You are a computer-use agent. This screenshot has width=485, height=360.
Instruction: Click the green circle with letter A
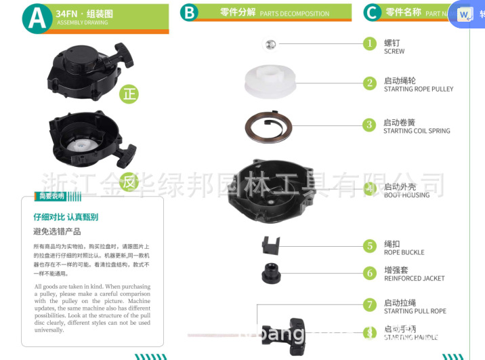tap(37, 18)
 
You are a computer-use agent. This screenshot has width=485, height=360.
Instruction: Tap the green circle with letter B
tap(189, 13)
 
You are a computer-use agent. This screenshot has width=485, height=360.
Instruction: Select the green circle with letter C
tap(372, 13)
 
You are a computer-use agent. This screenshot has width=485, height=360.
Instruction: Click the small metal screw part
tap(270, 44)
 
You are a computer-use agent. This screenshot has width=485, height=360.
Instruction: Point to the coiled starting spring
tap(268, 125)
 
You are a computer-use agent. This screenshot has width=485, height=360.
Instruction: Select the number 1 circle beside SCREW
tap(369, 43)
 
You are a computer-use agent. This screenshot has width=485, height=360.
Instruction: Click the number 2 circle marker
tap(369, 83)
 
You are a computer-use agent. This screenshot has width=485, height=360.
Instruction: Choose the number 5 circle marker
tap(369, 246)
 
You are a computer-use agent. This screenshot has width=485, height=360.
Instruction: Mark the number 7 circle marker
tap(369, 305)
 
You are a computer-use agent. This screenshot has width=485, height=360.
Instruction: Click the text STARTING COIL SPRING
tap(417, 131)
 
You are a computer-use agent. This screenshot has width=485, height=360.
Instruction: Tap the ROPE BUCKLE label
tap(404, 252)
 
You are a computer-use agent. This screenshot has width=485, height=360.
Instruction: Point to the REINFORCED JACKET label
tap(414, 279)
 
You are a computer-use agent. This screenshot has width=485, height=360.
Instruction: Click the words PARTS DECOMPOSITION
tap(295, 14)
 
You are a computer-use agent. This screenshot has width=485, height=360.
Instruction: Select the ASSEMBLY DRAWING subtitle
tap(82, 22)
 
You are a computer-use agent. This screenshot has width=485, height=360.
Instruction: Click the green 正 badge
tap(129, 94)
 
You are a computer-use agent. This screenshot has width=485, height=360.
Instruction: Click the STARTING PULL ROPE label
tap(415, 311)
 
